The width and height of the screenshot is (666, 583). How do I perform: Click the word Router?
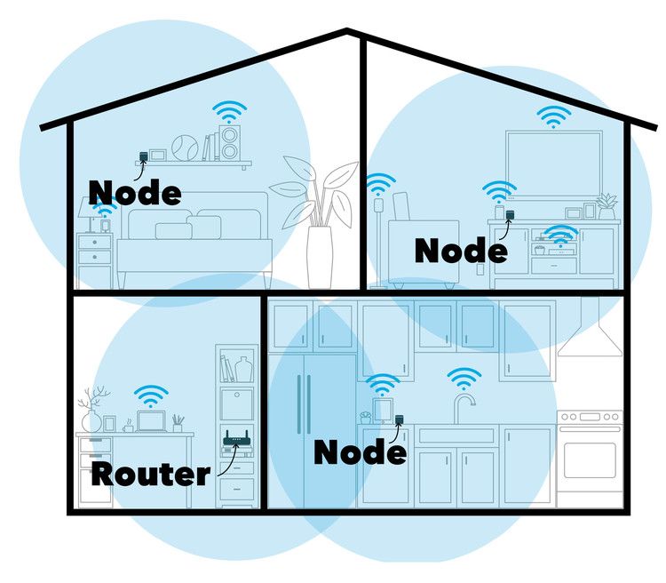tap(151, 472)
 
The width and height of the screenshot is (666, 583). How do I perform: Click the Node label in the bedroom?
tap(135, 190)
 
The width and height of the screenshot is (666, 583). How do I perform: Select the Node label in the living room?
tap(461, 250)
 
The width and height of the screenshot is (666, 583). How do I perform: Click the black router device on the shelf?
tap(234, 441)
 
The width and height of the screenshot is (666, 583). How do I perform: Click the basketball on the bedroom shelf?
tap(184, 148)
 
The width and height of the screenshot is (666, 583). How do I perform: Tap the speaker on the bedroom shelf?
tap(229, 142)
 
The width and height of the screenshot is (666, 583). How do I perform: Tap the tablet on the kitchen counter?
tap(383, 410)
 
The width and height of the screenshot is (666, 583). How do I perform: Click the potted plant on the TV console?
tap(607, 207)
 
